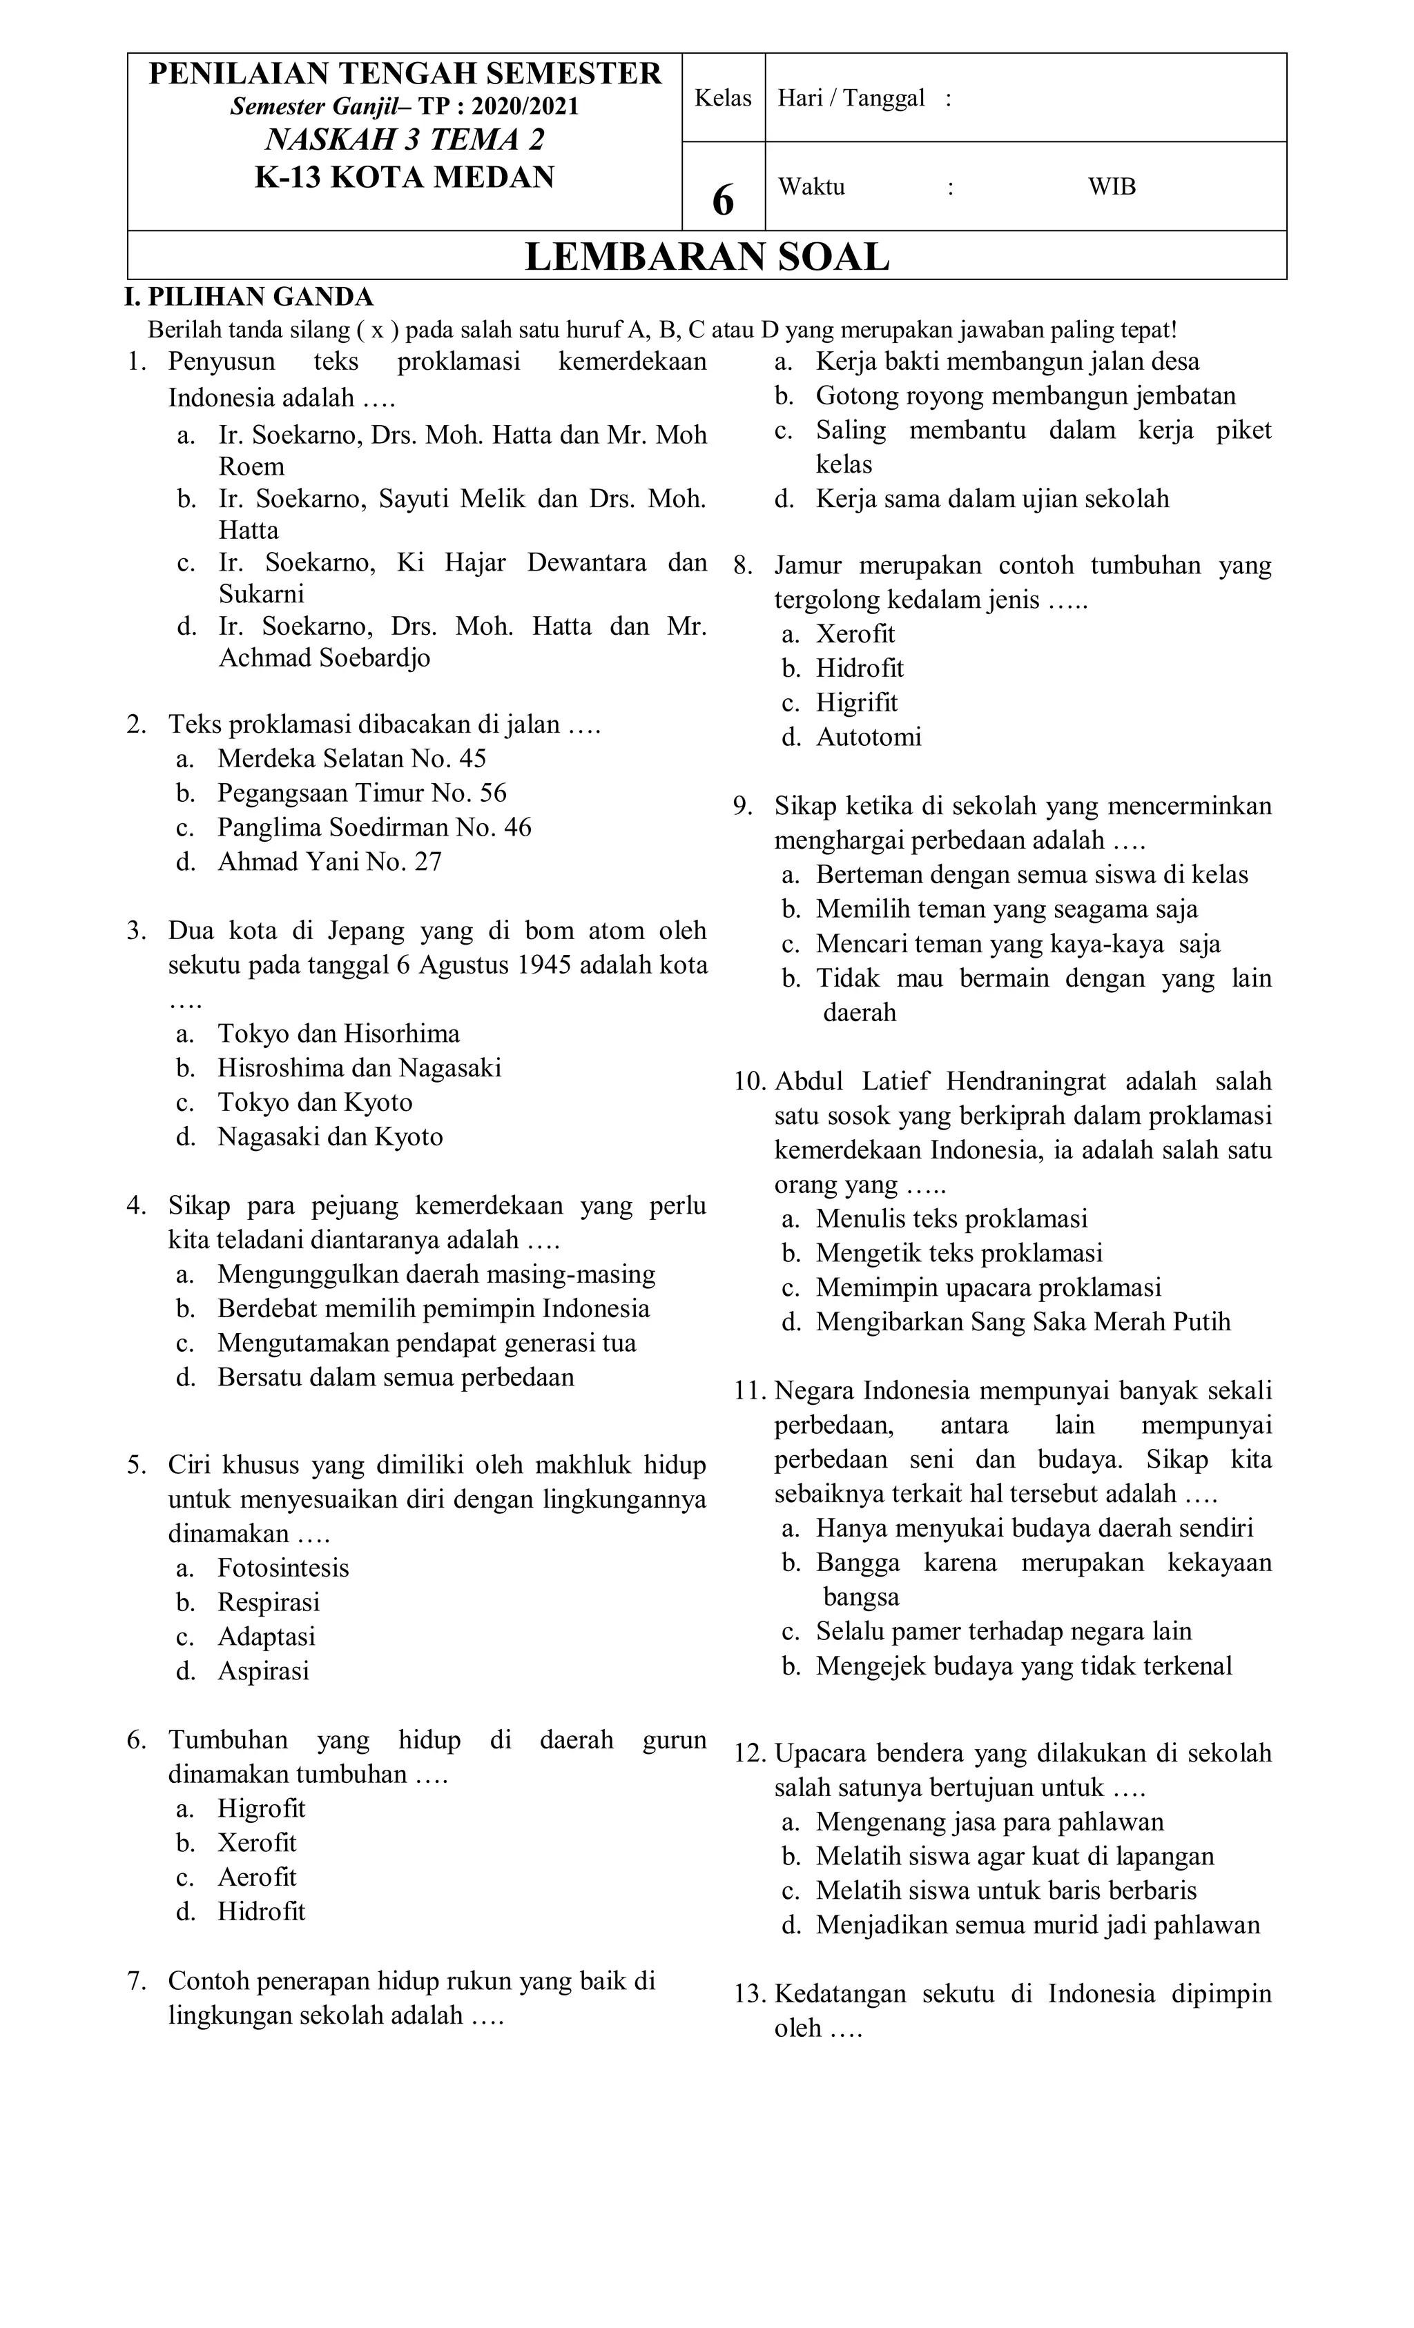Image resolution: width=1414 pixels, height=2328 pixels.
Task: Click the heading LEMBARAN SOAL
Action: (706, 257)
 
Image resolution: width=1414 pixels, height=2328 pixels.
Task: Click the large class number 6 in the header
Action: (723, 200)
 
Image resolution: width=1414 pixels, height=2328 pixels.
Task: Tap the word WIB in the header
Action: (1112, 187)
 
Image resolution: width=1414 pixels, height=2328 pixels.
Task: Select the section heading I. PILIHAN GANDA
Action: (249, 297)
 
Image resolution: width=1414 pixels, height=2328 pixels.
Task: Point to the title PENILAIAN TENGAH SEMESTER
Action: (405, 74)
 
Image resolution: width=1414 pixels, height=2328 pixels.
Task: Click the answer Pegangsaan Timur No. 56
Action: (362, 793)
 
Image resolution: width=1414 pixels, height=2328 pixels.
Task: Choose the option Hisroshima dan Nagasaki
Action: (359, 1067)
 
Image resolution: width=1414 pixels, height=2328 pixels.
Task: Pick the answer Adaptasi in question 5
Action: (267, 1637)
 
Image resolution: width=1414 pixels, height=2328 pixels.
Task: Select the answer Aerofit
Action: (257, 1877)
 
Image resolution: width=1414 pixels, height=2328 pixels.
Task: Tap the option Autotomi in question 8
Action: (869, 737)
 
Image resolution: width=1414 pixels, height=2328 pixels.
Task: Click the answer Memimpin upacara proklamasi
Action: (989, 1288)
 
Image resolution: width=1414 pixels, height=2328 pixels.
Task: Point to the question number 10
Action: (750, 1081)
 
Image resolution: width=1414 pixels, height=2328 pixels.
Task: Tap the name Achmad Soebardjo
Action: (325, 658)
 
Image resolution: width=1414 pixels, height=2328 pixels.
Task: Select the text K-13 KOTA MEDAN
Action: (405, 177)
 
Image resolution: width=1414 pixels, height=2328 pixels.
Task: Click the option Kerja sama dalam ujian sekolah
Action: (992, 499)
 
